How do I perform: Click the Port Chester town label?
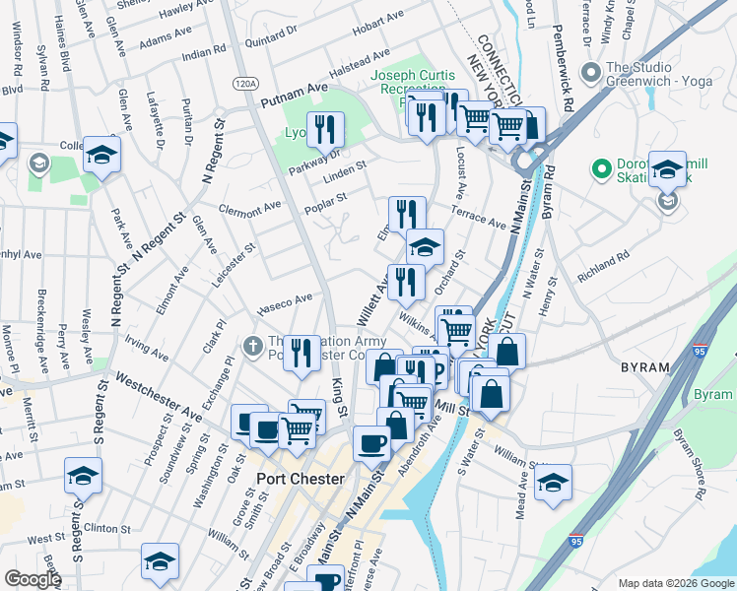(x=300, y=479)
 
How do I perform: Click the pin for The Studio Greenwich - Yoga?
(x=591, y=73)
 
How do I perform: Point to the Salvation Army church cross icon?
(x=253, y=346)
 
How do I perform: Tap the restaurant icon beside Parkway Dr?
(x=323, y=129)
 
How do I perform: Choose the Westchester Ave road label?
(x=160, y=396)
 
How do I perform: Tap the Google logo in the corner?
(x=33, y=579)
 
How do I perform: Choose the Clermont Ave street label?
(x=250, y=210)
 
